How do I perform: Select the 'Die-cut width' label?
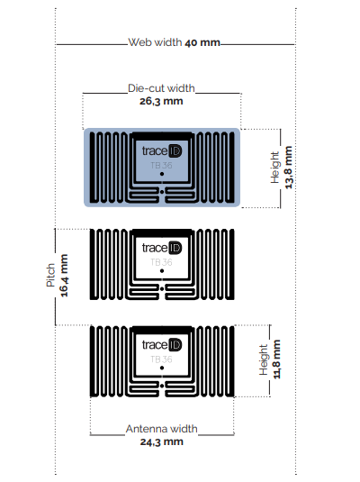click(161, 89)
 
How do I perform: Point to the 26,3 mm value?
click(161, 102)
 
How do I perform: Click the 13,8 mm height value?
click(289, 168)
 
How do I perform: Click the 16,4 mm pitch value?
click(64, 276)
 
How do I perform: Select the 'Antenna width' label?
click(161, 429)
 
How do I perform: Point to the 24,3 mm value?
click(161, 441)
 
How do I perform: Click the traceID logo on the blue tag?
click(162, 151)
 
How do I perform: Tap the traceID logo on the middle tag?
click(162, 248)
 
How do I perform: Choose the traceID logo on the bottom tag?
click(162, 345)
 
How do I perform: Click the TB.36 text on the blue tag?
click(161, 166)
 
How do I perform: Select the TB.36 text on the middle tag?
click(161, 262)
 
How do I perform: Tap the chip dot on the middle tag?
click(162, 272)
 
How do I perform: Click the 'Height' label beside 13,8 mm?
click(275, 168)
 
